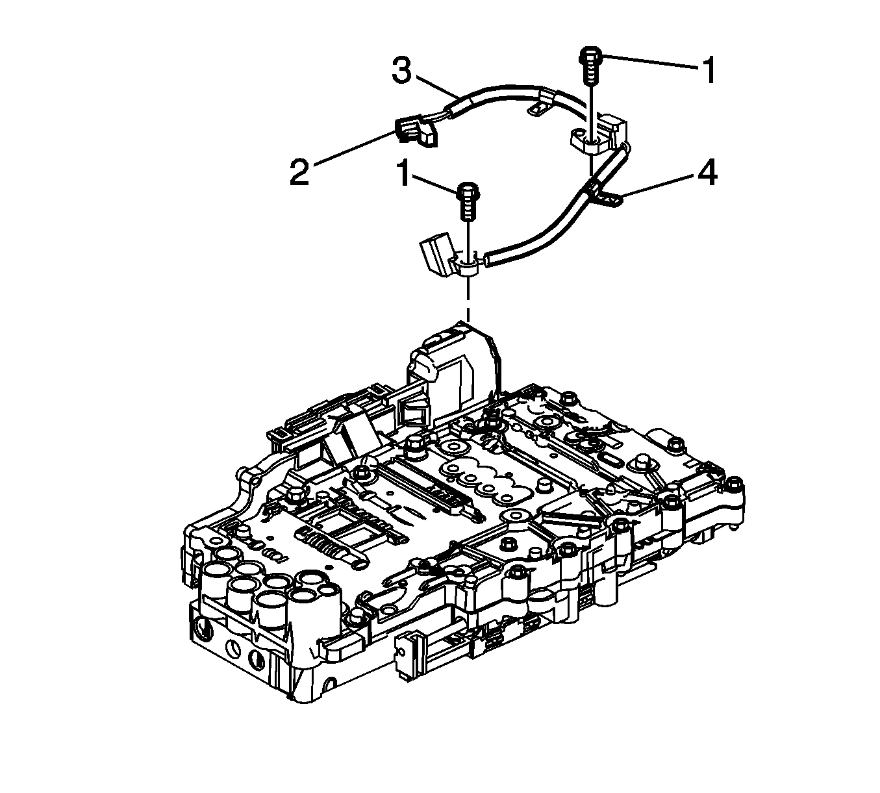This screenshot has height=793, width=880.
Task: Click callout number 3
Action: (401, 71)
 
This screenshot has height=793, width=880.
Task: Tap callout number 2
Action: (299, 173)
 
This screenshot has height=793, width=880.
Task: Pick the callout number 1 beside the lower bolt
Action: (404, 173)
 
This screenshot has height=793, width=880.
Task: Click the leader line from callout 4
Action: (658, 186)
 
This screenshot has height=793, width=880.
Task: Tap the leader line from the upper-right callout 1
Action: (650, 62)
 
